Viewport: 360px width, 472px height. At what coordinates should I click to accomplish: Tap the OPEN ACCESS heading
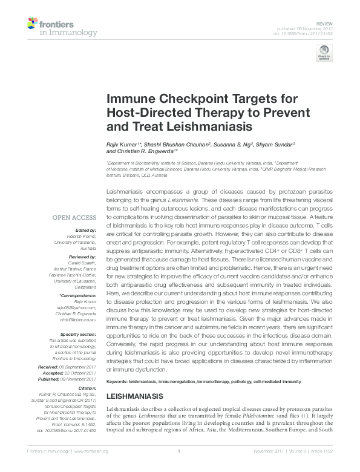(74, 218)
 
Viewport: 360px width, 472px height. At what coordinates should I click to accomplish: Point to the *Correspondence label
(79, 295)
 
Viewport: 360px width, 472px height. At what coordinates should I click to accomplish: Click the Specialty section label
(78, 334)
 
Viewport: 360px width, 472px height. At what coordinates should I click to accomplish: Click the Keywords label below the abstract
(119, 381)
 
